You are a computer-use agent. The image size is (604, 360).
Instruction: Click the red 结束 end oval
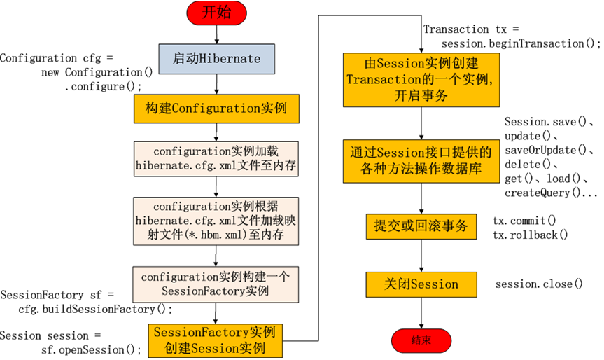click(421, 340)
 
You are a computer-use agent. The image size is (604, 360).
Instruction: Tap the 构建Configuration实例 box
click(216, 109)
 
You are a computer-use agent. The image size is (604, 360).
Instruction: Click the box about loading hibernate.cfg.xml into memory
click(216, 158)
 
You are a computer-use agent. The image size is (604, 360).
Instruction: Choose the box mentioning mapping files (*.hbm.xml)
click(216, 221)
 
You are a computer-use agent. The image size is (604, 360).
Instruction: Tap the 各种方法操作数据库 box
click(421, 160)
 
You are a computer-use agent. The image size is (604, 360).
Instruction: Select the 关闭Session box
click(421, 284)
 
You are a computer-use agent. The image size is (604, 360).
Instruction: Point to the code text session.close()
click(539, 284)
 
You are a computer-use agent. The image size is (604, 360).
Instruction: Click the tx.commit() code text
click(524, 220)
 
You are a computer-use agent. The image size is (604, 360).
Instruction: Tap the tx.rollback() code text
click(530, 234)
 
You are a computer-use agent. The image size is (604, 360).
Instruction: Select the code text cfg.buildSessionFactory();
click(95, 309)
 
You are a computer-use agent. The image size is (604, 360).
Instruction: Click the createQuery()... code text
click(551, 193)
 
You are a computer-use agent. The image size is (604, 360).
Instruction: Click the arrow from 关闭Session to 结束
click(421, 312)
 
